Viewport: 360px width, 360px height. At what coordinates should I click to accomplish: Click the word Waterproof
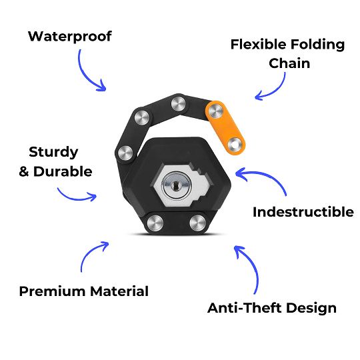pyautogui.click(x=69, y=35)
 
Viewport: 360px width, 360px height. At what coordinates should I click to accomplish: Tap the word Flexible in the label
pyautogui.click(x=259, y=45)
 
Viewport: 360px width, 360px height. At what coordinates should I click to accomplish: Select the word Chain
pyautogui.click(x=290, y=64)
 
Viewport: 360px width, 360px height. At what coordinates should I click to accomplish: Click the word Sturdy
pyautogui.click(x=54, y=152)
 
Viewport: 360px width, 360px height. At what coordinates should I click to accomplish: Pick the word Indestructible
pyautogui.click(x=303, y=213)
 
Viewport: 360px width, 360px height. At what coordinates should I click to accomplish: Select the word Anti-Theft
pyautogui.click(x=243, y=308)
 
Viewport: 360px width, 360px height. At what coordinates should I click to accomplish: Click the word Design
pyautogui.click(x=311, y=308)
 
